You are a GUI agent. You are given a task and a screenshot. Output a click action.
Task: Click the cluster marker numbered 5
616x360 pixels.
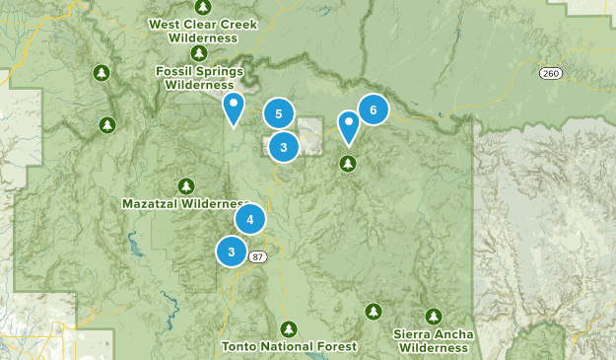[x=279, y=114]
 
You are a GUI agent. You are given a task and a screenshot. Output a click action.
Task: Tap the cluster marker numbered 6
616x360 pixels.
[x=373, y=109]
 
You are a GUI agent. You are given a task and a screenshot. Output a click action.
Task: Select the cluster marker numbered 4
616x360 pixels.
[x=250, y=219]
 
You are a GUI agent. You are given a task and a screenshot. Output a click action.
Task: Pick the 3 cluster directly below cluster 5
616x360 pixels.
[x=283, y=148]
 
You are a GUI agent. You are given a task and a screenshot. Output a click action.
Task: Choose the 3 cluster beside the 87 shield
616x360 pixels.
[x=231, y=252]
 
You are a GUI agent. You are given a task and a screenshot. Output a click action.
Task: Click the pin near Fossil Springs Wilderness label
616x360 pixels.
[x=234, y=108]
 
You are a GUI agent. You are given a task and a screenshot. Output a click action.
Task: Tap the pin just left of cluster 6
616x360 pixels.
[x=348, y=126]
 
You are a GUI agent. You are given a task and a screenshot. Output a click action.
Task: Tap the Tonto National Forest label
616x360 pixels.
[x=289, y=346]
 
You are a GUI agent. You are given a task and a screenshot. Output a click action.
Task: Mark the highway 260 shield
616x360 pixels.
[x=550, y=74]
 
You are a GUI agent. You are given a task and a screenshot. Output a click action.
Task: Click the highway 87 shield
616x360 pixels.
[x=257, y=256]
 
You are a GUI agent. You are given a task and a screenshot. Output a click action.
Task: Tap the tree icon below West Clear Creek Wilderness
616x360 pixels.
[x=199, y=52]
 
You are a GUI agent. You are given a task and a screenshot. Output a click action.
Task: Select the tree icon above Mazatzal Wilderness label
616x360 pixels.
[x=186, y=185]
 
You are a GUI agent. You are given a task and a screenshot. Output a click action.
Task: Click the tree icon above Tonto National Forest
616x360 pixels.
[x=289, y=328]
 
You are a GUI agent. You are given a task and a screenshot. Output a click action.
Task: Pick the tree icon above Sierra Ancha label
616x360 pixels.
[x=434, y=316]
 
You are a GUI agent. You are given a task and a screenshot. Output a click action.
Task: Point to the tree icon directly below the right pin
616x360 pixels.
[x=347, y=163]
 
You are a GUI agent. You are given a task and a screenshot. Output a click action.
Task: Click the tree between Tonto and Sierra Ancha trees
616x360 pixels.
[x=373, y=312]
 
